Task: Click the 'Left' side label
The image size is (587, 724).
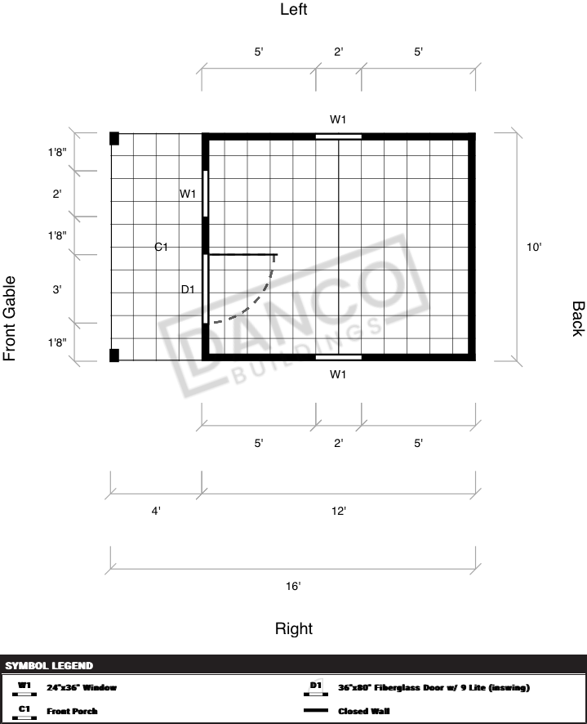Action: [294, 9]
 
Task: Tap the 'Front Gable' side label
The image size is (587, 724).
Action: [10, 319]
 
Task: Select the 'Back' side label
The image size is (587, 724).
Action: [578, 319]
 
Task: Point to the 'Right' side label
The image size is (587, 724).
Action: [294, 628]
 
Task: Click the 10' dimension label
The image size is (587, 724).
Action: [534, 247]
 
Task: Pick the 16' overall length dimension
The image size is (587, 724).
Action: [293, 586]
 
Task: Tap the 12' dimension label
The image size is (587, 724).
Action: [339, 512]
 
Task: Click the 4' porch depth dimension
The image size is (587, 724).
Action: [156, 512]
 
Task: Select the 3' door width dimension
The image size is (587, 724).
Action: [57, 289]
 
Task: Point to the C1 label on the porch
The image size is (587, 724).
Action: [161, 247]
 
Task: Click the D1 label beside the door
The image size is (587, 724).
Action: [188, 289]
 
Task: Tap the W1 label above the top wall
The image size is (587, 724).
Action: [338, 119]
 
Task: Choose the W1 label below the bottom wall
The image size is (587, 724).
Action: [338, 374]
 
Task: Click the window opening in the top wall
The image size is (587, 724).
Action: [338, 136]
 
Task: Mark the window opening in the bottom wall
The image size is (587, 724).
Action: [338, 357]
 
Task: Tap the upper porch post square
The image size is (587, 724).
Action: [114, 139]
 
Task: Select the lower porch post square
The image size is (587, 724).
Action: [114, 355]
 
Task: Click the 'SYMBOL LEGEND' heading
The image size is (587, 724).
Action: [49, 666]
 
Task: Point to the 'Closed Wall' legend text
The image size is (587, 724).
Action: [363, 711]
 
